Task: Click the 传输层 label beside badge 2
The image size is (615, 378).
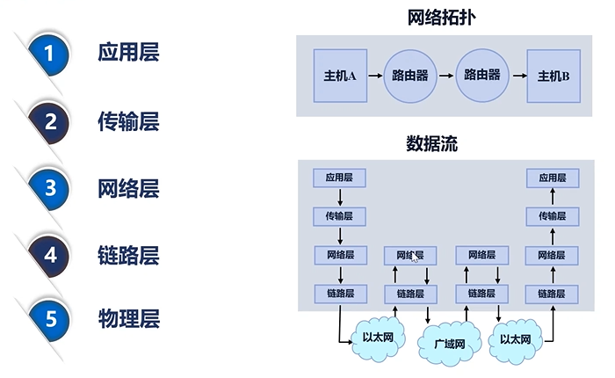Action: tap(128, 121)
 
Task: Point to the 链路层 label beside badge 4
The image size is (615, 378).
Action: tap(128, 255)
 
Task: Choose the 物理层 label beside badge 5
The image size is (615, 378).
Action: tap(128, 318)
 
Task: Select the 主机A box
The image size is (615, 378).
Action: tap(339, 76)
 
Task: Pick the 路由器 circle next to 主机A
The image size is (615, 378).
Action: tap(409, 76)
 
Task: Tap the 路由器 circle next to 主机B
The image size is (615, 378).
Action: tap(482, 76)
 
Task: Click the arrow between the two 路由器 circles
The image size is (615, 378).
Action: tap(446, 76)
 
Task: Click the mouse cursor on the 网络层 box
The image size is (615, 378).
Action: tap(415, 258)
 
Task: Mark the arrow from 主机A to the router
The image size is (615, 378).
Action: tap(374, 76)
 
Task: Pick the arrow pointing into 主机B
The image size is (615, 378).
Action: tap(517, 76)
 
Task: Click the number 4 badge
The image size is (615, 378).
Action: tap(50, 254)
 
